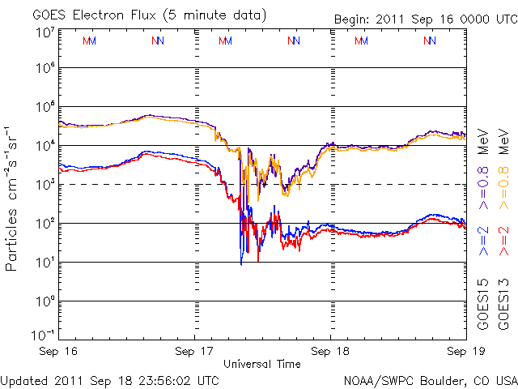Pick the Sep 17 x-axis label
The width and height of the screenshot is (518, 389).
click(x=196, y=352)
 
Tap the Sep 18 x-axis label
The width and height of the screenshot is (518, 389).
click(x=330, y=352)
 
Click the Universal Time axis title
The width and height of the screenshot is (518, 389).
click(x=262, y=364)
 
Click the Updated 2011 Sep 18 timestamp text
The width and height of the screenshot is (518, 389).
click(x=110, y=379)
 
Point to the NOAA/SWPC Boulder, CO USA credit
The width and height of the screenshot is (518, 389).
click(x=430, y=379)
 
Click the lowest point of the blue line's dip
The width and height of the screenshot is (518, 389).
click(x=241, y=264)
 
